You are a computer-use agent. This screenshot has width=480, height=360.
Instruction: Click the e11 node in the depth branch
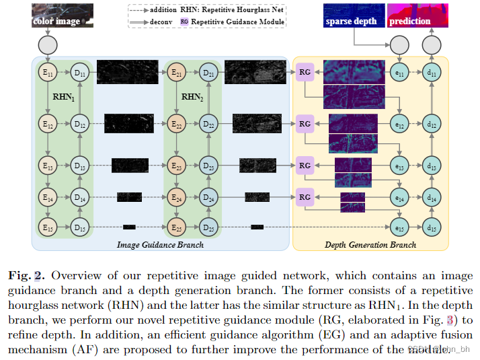[x=399, y=73]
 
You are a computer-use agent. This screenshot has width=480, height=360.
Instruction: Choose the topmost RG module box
[x=305, y=71]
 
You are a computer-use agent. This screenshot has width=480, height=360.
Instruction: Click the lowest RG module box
[x=305, y=197]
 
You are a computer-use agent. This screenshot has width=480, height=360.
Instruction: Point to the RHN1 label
[x=65, y=98]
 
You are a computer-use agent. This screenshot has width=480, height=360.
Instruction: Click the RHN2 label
[x=194, y=98]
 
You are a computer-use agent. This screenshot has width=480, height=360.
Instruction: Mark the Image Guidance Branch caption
[x=161, y=245]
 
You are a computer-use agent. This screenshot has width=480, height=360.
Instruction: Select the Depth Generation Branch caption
[x=370, y=245]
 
